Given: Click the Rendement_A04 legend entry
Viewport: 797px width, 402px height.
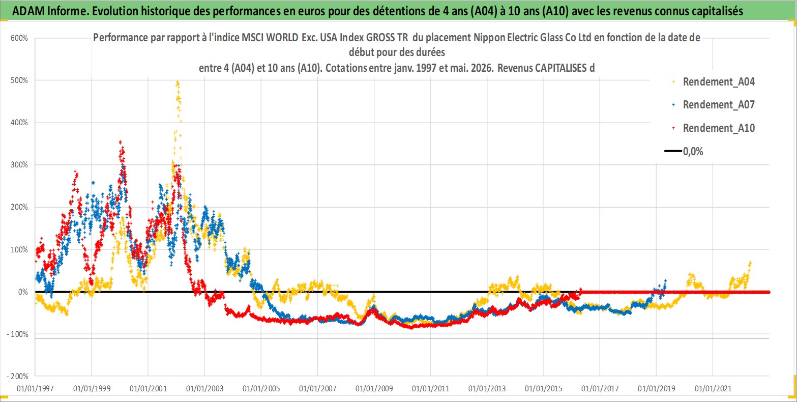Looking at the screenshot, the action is click(x=713, y=82).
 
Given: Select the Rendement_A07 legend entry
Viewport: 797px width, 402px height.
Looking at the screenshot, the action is click(x=713, y=105).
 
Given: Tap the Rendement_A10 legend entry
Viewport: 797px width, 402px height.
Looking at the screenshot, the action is click(x=713, y=128).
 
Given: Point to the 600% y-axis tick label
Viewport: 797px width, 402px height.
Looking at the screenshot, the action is click(x=19, y=38).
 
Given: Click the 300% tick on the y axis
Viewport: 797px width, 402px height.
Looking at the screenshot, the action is click(x=19, y=165).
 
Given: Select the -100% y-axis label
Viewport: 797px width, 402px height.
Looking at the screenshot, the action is click(x=17, y=334).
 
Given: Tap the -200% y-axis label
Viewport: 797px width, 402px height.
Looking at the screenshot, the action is click(x=17, y=377).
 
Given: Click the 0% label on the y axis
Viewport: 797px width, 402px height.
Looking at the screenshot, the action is click(x=23, y=292).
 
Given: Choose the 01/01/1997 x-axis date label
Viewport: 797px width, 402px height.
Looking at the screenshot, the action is click(x=35, y=388).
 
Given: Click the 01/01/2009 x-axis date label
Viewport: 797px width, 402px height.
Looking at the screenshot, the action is click(x=374, y=388).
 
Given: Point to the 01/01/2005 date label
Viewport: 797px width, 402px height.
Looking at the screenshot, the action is click(x=261, y=388).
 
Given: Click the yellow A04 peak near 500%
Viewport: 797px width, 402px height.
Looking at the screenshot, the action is click(x=178, y=83).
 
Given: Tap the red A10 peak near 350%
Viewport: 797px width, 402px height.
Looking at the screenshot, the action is click(x=121, y=142).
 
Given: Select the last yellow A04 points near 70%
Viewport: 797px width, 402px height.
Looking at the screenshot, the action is click(x=750, y=264).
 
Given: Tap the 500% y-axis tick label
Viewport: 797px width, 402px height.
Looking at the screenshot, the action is click(x=19, y=80).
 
